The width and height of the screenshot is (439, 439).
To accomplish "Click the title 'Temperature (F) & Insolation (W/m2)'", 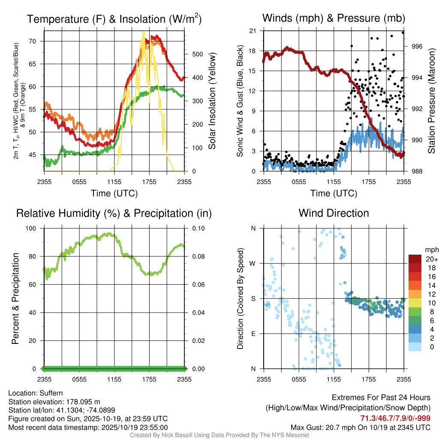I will [114, 19].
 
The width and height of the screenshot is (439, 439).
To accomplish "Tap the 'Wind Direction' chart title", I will [334, 213].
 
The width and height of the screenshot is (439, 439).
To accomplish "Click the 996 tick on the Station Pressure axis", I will [417, 46].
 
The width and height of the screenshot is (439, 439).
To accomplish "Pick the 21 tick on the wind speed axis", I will [253, 31].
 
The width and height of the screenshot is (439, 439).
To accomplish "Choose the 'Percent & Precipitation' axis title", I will [15, 298].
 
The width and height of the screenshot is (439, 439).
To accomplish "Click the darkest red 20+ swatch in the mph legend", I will [415, 259].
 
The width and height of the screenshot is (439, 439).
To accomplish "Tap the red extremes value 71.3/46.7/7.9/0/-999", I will [395, 418].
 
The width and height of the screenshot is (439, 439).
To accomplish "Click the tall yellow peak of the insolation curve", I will [143, 33].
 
